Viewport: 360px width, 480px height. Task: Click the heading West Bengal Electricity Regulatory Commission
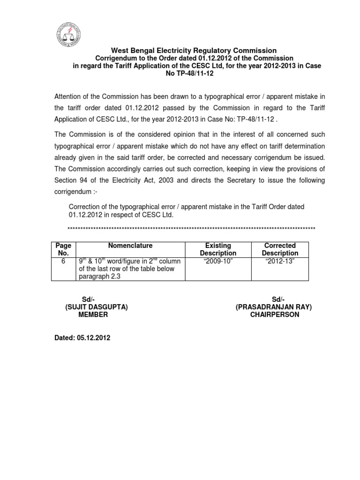pos(194,50)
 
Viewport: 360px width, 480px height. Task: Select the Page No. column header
pos(63,249)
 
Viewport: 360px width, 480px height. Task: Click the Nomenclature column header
pos(130,245)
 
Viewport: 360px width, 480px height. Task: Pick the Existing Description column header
pos(218,249)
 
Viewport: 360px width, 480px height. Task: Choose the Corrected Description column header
pos(280,249)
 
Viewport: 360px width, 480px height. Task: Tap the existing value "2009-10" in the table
pos(218,261)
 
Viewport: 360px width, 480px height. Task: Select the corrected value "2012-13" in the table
pos(280,261)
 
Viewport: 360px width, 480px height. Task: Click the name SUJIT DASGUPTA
pos(96,307)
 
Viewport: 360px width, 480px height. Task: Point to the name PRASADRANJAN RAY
pos(274,307)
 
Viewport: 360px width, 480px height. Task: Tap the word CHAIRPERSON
pos(275,315)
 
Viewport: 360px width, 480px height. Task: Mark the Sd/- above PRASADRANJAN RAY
pos(278,299)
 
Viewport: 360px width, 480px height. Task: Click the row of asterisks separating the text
pos(191,228)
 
